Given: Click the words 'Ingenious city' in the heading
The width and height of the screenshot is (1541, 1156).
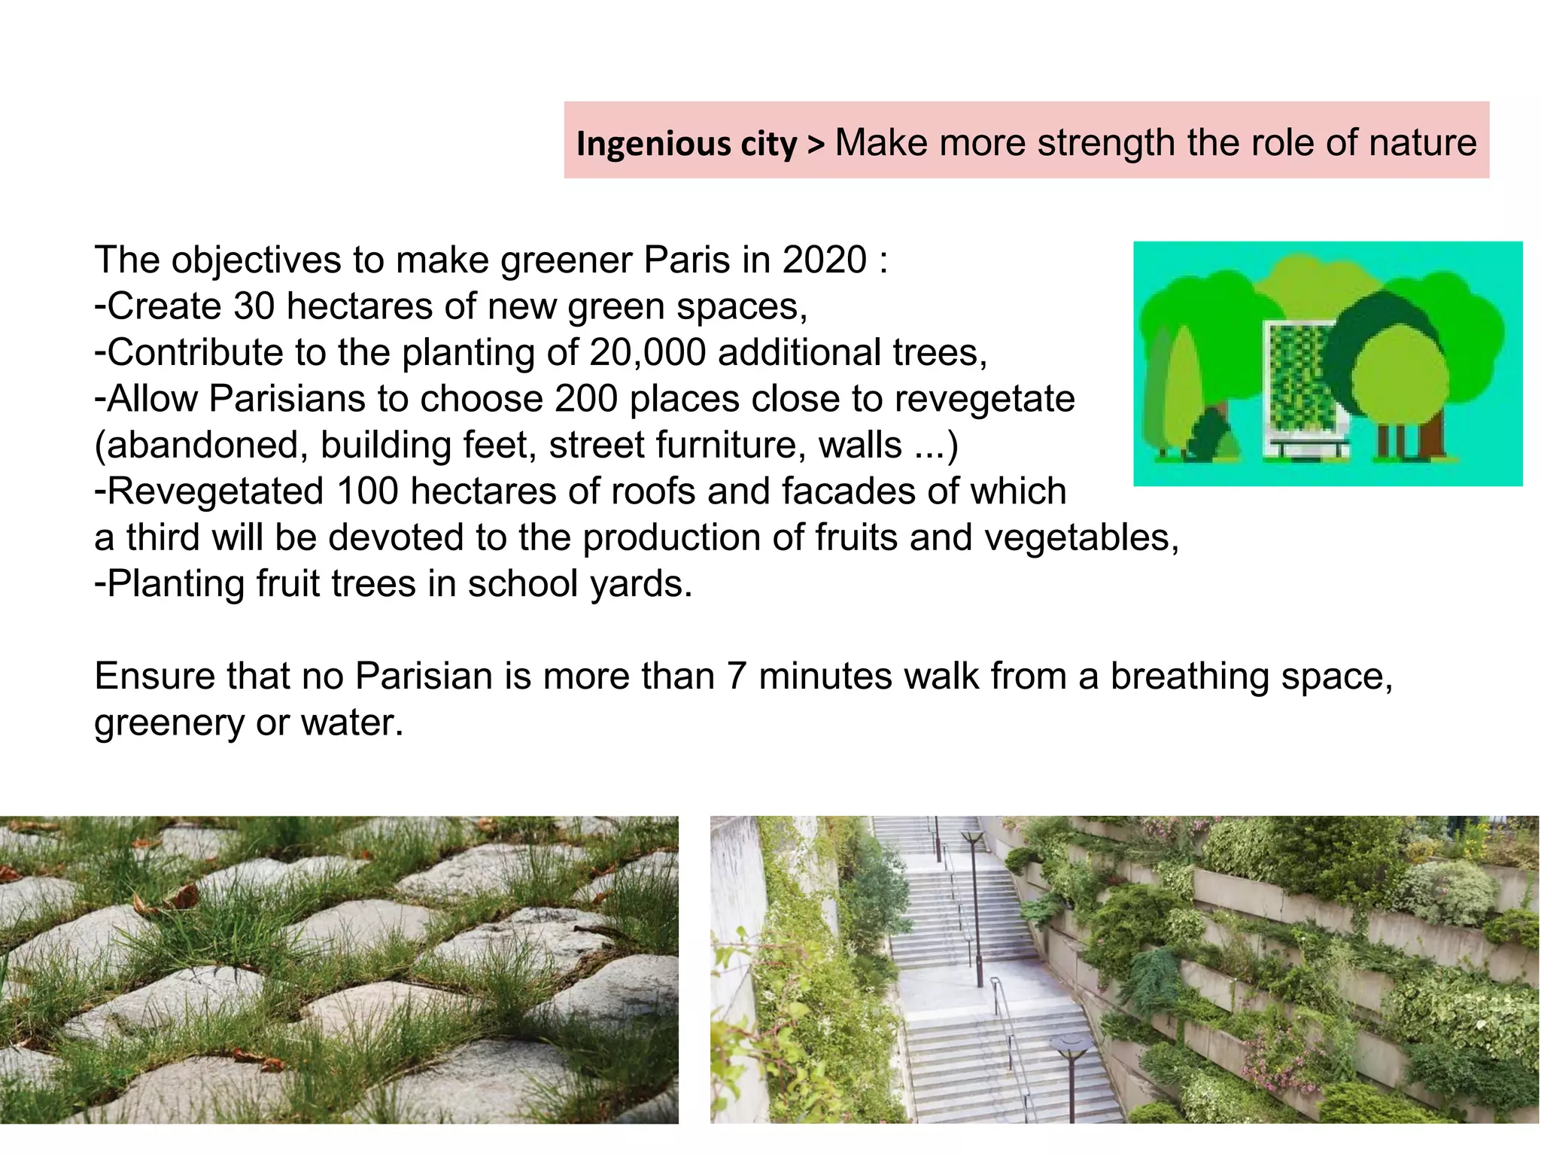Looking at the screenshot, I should coord(686,143).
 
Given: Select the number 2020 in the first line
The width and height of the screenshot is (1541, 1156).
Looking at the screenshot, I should coord(824,260).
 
